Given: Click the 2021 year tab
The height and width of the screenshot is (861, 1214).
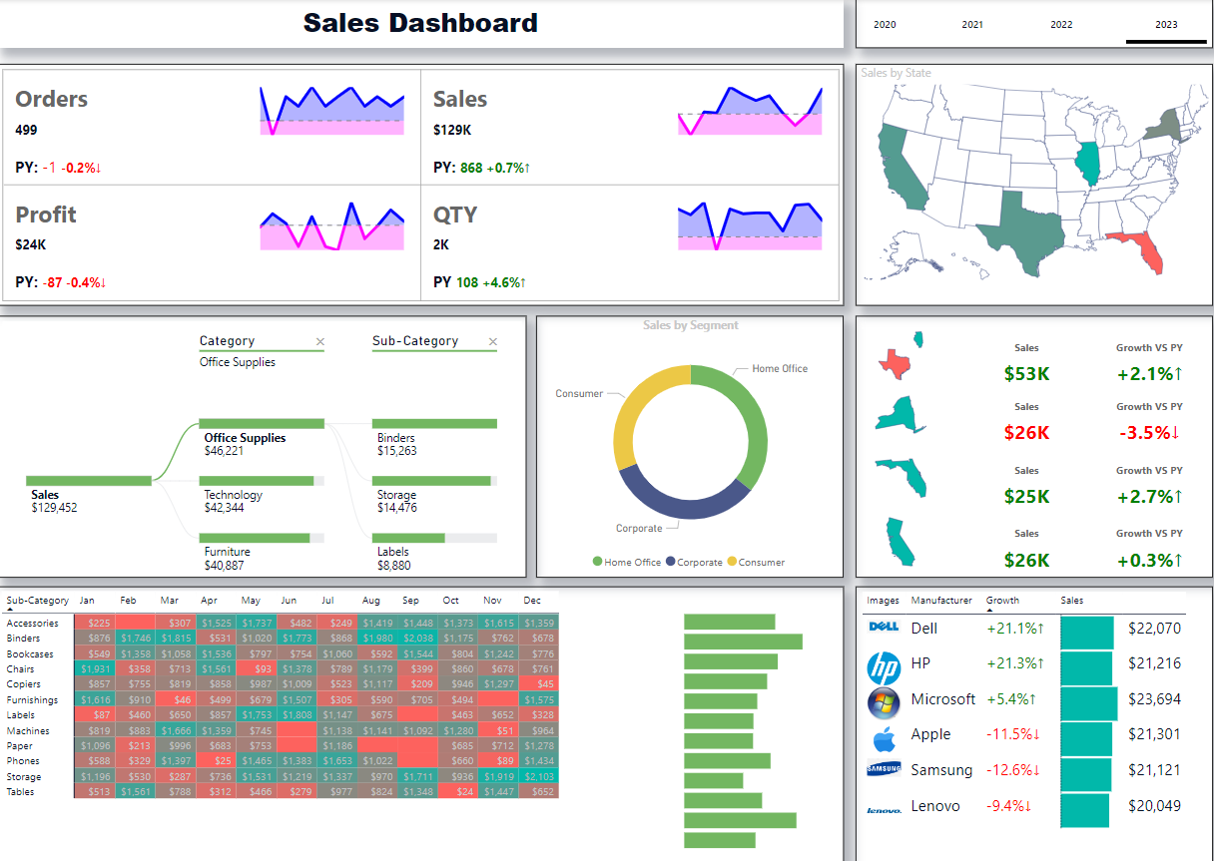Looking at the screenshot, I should (x=972, y=25).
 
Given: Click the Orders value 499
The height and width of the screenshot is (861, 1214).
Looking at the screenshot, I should (x=26, y=130).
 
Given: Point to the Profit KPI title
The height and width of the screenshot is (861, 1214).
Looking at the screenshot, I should (x=46, y=215).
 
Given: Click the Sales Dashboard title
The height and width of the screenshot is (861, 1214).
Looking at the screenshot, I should (x=420, y=23).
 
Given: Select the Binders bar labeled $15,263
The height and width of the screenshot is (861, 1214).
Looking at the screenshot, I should (x=434, y=424).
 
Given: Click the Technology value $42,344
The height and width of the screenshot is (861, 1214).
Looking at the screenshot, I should (x=234, y=508).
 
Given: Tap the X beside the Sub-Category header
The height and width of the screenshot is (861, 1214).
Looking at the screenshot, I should (x=492, y=342).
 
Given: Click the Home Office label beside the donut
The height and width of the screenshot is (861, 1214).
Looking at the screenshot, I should (x=780, y=369).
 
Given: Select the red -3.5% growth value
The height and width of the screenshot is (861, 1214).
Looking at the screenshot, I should (x=1148, y=433).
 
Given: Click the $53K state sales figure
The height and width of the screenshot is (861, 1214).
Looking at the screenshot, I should (x=1026, y=374).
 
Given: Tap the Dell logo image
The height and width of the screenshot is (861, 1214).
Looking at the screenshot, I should (x=885, y=628).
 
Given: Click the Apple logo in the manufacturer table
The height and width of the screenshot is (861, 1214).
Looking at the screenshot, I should (x=884, y=739).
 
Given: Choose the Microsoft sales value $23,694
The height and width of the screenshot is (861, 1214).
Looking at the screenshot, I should (x=1154, y=699).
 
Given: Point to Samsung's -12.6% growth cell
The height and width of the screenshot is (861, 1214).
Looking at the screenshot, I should (x=1014, y=770).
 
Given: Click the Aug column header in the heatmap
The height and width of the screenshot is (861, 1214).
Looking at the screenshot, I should (x=371, y=601).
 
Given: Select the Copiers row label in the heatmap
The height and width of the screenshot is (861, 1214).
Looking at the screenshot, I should (x=24, y=684).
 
